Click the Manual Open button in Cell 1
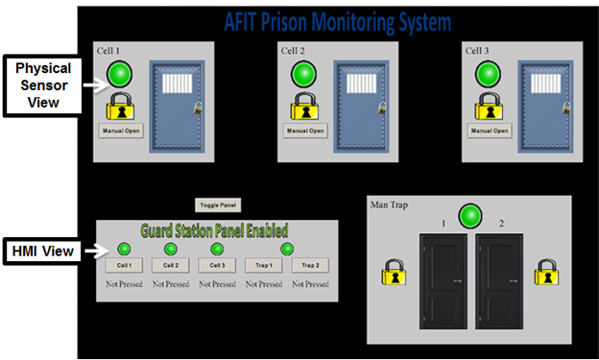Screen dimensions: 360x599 tap(122, 131)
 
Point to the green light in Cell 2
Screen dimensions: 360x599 tap(304, 74)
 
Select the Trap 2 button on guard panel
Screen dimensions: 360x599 tap(310, 265)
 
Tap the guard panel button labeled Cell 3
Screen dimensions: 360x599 tap(217, 265)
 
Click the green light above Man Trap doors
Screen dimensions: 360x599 tap(469, 215)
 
